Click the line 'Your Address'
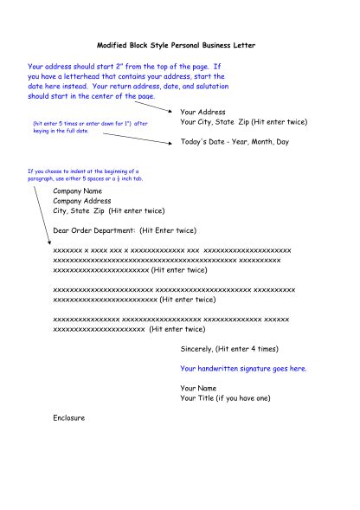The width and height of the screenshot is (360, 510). (x=202, y=113)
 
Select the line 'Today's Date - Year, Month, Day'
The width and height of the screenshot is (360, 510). (x=235, y=141)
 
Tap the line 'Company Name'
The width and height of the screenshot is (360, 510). (x=77, y=190)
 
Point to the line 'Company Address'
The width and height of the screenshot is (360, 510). (x=82, y=200)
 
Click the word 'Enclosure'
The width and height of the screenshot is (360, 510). (x=69, y=418)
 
